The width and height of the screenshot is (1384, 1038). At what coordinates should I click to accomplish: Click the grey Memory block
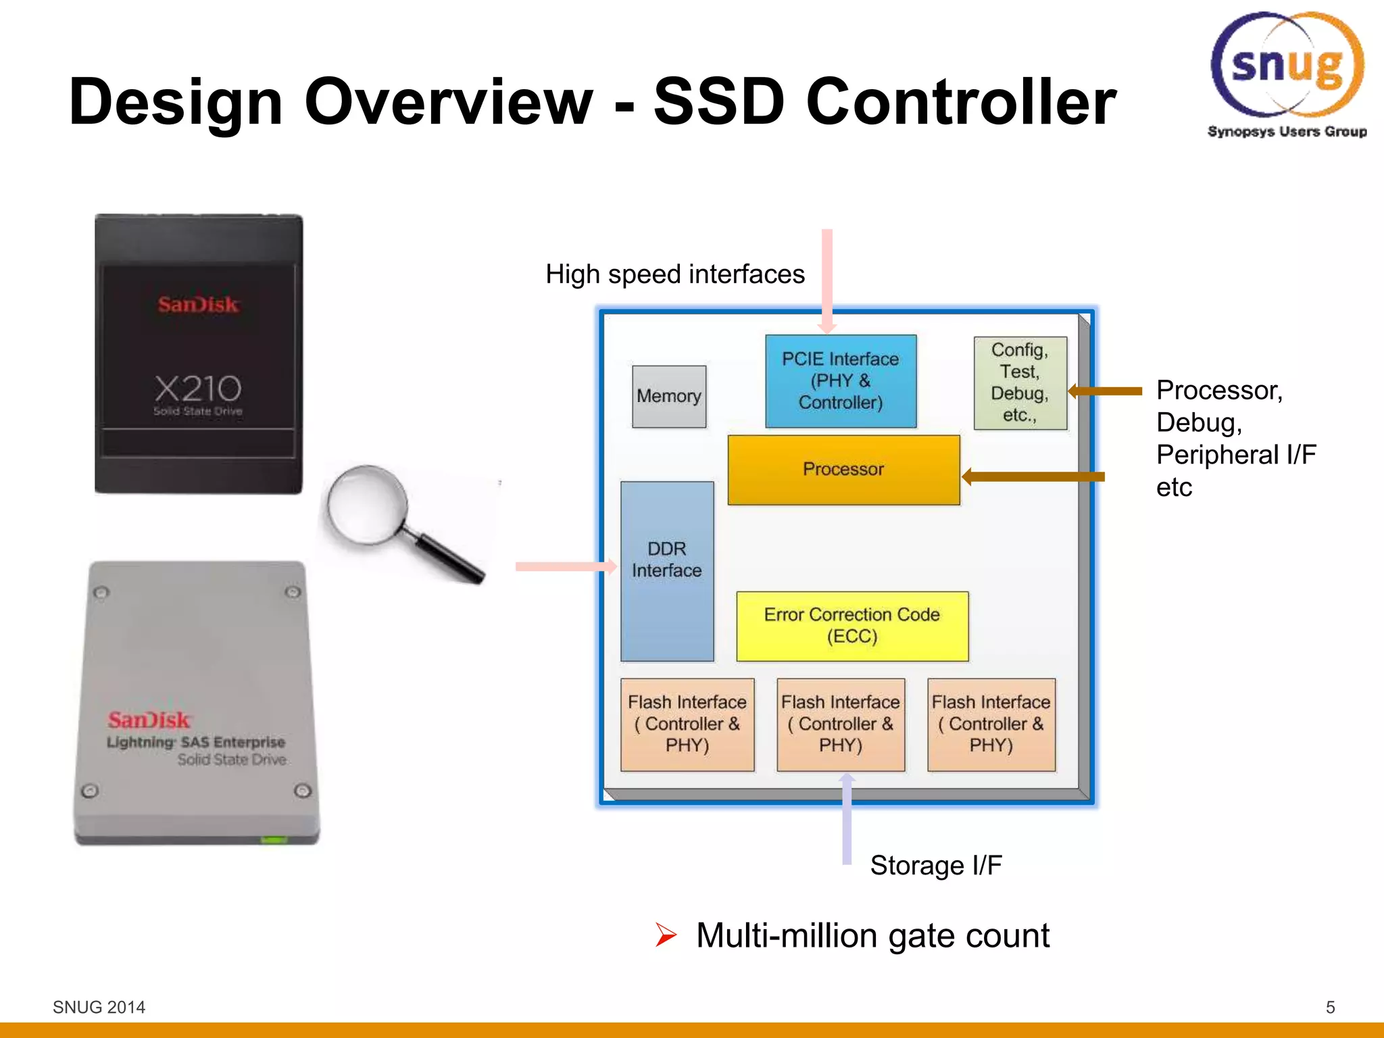click(x=669, y=397)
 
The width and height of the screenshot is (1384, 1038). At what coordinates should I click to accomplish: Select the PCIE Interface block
click(x=841, y=381)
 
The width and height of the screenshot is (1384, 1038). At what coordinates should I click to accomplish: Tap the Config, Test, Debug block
click(x=1020, y=382)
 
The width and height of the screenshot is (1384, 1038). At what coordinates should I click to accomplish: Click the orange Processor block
click(x=843, y=470)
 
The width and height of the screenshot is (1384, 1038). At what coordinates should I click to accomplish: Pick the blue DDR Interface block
click(x=667, y=571)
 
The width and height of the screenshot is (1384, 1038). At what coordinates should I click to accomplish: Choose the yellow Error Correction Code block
click(x=852, y=626)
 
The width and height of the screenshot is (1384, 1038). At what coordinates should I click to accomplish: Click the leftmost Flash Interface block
click(x=687, y=724)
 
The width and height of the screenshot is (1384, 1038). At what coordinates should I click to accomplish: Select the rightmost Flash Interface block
click(x=991, y=724)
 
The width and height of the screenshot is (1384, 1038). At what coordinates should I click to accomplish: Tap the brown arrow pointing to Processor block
click(x=1034, y=476)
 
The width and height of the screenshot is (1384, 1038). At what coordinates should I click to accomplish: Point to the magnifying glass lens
click(x=367, y=504)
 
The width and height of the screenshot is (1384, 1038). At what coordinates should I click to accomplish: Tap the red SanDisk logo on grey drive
click(x=149, y=720)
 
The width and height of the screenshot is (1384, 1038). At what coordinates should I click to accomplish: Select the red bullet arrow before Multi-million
click(x=666, y=935)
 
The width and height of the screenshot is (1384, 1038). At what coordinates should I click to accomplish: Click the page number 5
click(x=1330, y=1007)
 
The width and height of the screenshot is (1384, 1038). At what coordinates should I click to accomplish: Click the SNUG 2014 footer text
click(x=99, y=1007)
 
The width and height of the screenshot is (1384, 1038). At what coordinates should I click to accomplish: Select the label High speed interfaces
click(x=674, y=274)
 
